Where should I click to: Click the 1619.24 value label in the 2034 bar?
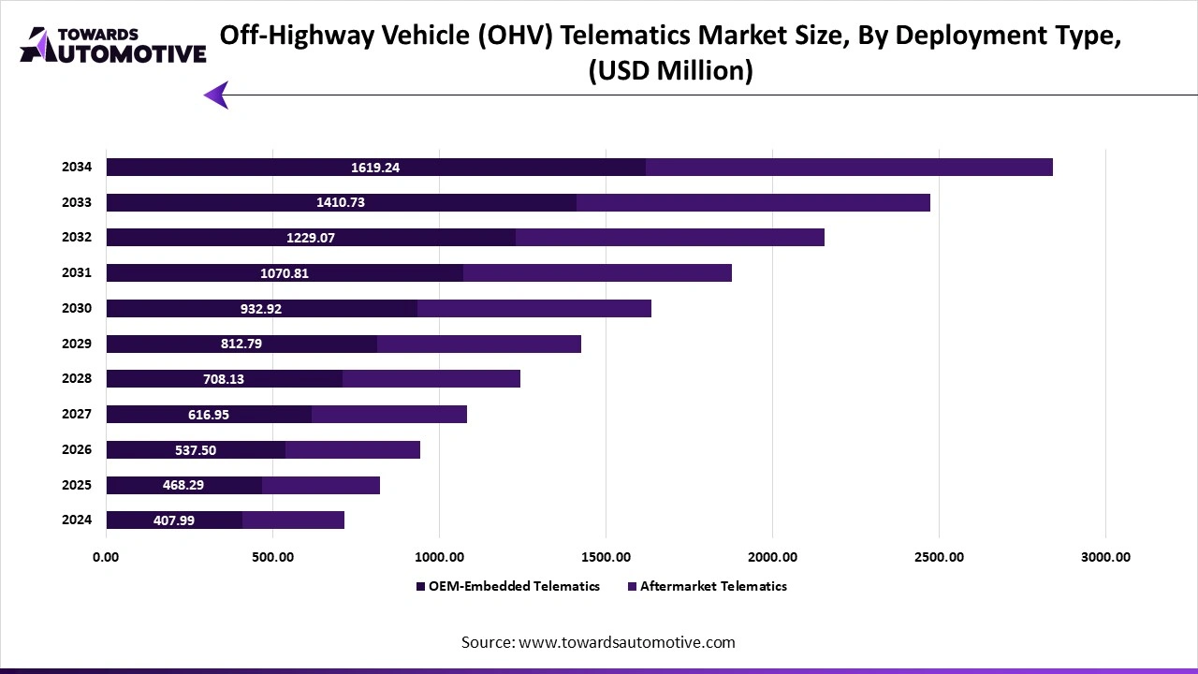[x=375, y=168]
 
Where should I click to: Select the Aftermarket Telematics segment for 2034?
[x=849, y=168]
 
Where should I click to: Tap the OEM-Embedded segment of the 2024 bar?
[x=174, y=520]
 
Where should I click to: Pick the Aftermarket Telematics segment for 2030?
[x=533, y=309]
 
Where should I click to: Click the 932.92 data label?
[x=261, y=309]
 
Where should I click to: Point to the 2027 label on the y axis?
[x=77, y=414]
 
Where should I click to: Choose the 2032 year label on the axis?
[x=77, y=238]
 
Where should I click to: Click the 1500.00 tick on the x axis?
[x=606, y=557]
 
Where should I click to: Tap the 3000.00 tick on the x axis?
[x=1105, y=557]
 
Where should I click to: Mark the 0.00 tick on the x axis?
[x=106, y=557]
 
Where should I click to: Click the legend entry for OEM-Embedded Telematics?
[x=507, y=586]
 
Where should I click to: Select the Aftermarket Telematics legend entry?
[x=708, y=586]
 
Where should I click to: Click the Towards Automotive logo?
[x=112, y=45]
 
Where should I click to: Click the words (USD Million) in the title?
[x=670, y=71]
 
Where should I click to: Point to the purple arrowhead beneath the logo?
[x=216, y=95]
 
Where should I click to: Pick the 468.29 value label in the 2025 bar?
[x=183, y=485]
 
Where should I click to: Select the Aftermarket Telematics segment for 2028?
[x=431, y=379]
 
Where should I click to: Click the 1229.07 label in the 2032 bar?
[x=311, y=238]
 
